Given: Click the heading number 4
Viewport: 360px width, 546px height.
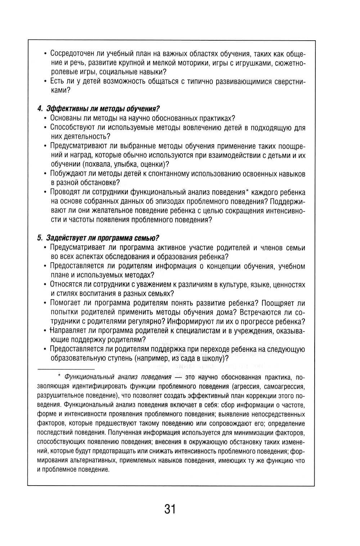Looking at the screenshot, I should point(39,109).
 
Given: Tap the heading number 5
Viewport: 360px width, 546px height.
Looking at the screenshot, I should point(39,238).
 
